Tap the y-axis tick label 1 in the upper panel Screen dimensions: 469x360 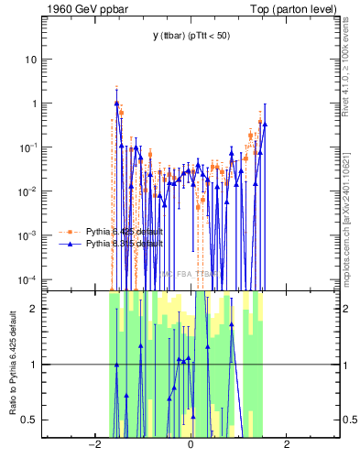click(x=34, y=104)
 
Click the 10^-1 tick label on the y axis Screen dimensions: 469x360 click(x=29, y=147)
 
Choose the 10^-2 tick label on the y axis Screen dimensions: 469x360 click(x=29, y=191)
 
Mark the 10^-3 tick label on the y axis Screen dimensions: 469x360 click(x=29, y=234)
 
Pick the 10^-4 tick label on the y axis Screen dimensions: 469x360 click(x=29, y=278)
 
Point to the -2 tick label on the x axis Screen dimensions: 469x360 click(x=93, y=444)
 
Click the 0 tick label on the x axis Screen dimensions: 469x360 click(x=190, y=444)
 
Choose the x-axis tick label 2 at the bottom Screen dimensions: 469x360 click(x=287, y=444)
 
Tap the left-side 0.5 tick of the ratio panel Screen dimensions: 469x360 click(x=29, y=420)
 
